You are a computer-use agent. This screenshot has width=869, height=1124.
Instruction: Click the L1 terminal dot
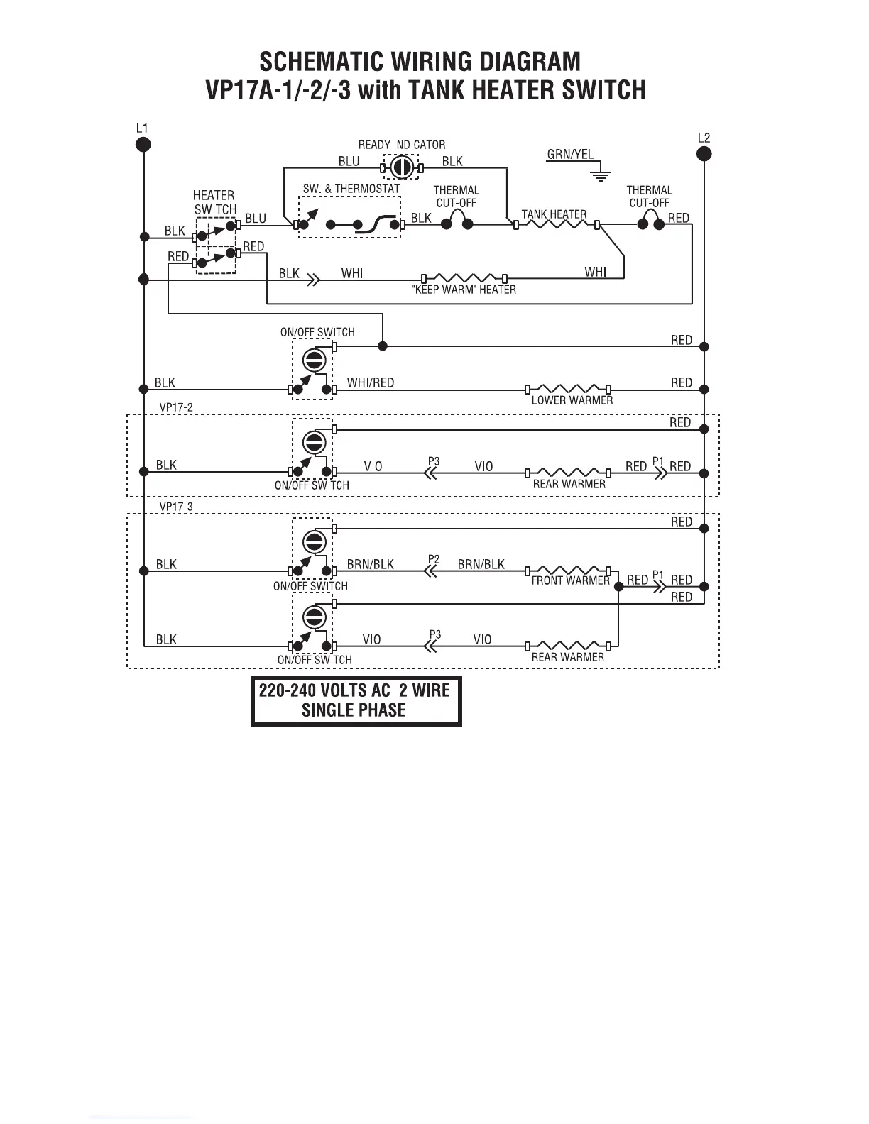pyautogui.click(x=143, y=145)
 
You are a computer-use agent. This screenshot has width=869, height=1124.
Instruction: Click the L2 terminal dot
pyautogui.click(x=704, y=154)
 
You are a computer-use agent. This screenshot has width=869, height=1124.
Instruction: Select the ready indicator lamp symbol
pyautogui.click(x=401, y=168)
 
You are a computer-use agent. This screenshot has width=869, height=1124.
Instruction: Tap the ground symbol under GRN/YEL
pyautogui.click(x=601, y=174)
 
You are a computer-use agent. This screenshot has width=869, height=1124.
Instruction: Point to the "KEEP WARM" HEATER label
pyautogui.click(x=464, y=290)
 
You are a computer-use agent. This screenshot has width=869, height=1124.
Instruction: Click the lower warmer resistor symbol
pyautogui.click(x=568, y=389)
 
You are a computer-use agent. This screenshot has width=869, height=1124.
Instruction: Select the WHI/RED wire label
pyautogui.click(x=370, y=382)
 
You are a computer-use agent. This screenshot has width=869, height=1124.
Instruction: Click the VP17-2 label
pyautogui.click(x=176, y=407)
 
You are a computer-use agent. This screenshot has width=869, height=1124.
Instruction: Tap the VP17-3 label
pyautogui.click(x=176, y=507)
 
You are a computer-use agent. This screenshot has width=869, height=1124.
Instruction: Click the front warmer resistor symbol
pyautogui.click(x=568, y=570)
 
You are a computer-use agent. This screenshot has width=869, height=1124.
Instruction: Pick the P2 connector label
pyautogui.click(x=434, y=559)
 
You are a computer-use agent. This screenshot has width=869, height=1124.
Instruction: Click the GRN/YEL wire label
pyautogui.click(x=570, y=154)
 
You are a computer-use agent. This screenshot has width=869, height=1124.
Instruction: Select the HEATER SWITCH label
pyautogui.click(x=214, y=202)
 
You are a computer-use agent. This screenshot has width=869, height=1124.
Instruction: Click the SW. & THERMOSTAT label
pyautogui.click(x=351, y=189)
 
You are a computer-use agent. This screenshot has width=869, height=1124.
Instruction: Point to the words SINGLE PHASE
pyautogui.click(x=354, y=710)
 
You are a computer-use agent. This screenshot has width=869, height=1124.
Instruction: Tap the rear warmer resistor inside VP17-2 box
pyautogui.click(x=568, y=472)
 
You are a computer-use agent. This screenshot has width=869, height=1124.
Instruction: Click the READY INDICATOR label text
pyautogui.click(x=401, y=145)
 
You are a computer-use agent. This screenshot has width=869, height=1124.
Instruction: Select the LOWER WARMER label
pyautogui.click(x=572, y=400)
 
